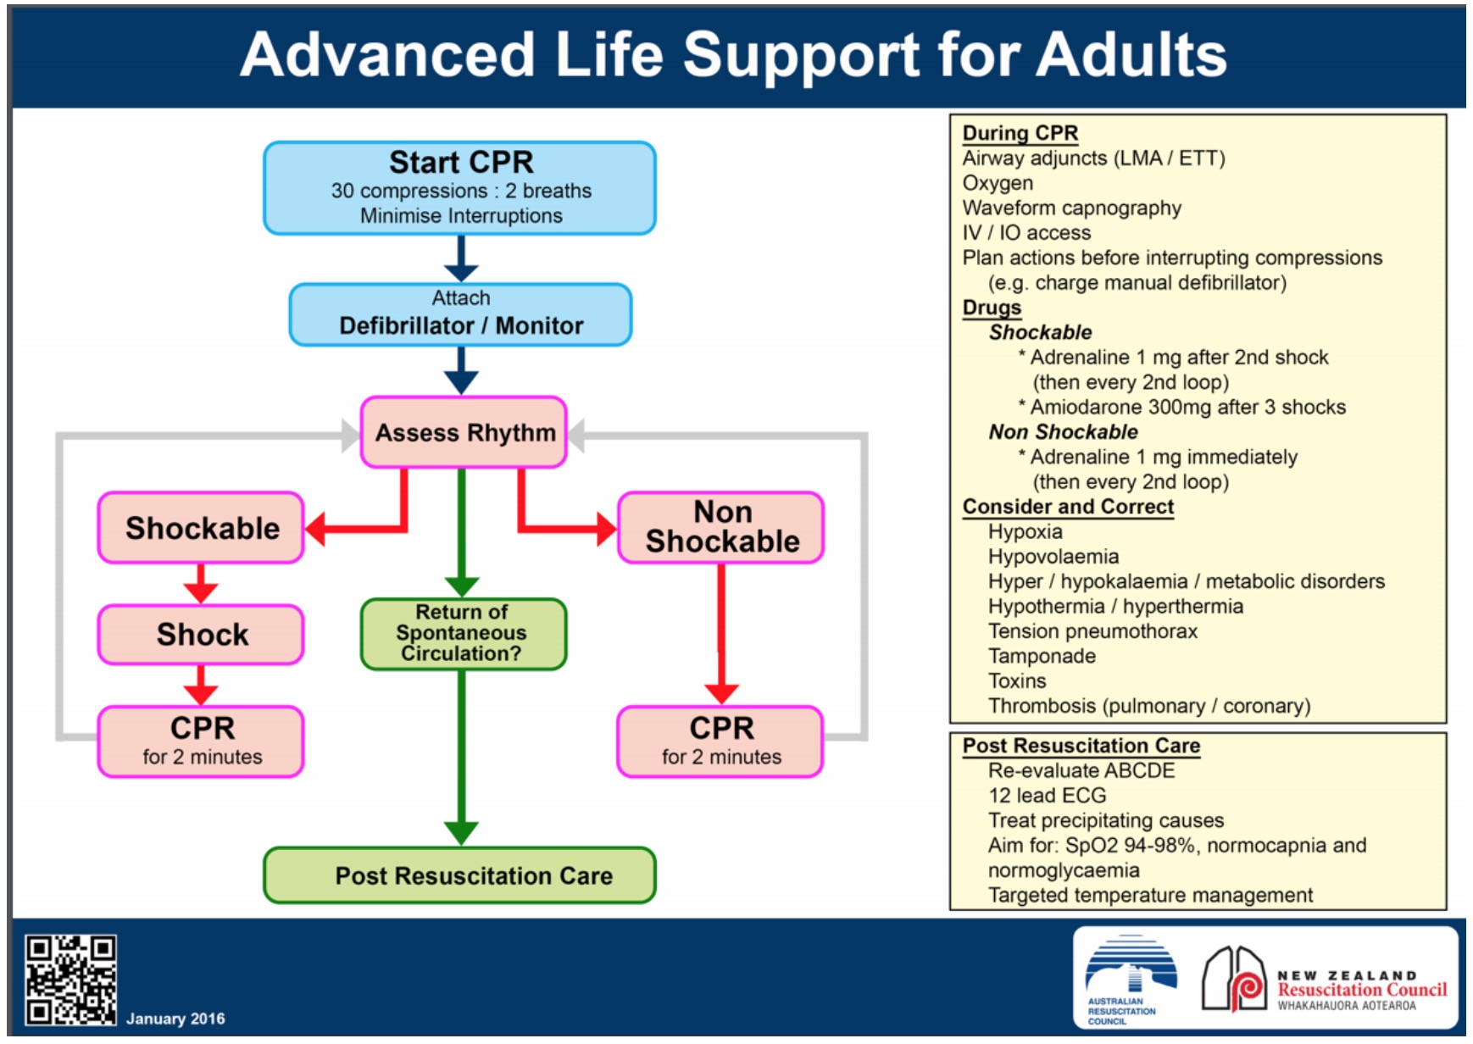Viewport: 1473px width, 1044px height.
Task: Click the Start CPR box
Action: [x=460, y=187]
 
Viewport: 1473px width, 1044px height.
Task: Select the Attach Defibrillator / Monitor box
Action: [x=460, y=314]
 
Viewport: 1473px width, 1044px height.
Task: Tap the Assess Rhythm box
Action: [x=464, y=432]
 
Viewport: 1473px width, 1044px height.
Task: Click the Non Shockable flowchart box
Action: [x=721, y=527]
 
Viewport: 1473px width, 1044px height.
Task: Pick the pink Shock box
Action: [x=201, y=634]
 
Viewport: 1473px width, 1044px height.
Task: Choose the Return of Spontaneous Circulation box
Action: [x=464, y=634]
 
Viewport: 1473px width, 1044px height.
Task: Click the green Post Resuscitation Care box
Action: [x=460, y=875]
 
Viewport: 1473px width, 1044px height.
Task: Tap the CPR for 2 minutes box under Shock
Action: [x=201, y=741]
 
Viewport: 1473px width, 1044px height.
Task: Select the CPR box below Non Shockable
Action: [x=721, y=741]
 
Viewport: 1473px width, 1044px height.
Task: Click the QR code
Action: [x=70, y=980]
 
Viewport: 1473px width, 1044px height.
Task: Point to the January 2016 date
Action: [x=175, y=1019]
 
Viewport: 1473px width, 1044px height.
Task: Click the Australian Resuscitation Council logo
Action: [x=1131, y=980]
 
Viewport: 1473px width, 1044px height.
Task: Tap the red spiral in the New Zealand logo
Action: [x=1247, y=988]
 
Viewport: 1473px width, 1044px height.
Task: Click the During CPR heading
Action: [x=1020, y=134]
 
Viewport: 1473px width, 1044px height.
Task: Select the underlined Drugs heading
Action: [x=992, y=308]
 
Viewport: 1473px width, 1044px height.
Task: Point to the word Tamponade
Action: [x=1042, y=656]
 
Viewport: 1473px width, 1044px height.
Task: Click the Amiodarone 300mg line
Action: [x=1181, y=408]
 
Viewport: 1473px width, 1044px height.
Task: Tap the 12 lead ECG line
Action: [x=1047, y=796]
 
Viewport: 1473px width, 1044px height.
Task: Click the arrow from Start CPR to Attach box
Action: [x=461, y=258]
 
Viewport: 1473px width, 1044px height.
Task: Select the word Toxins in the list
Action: [x=1017, y=681]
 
